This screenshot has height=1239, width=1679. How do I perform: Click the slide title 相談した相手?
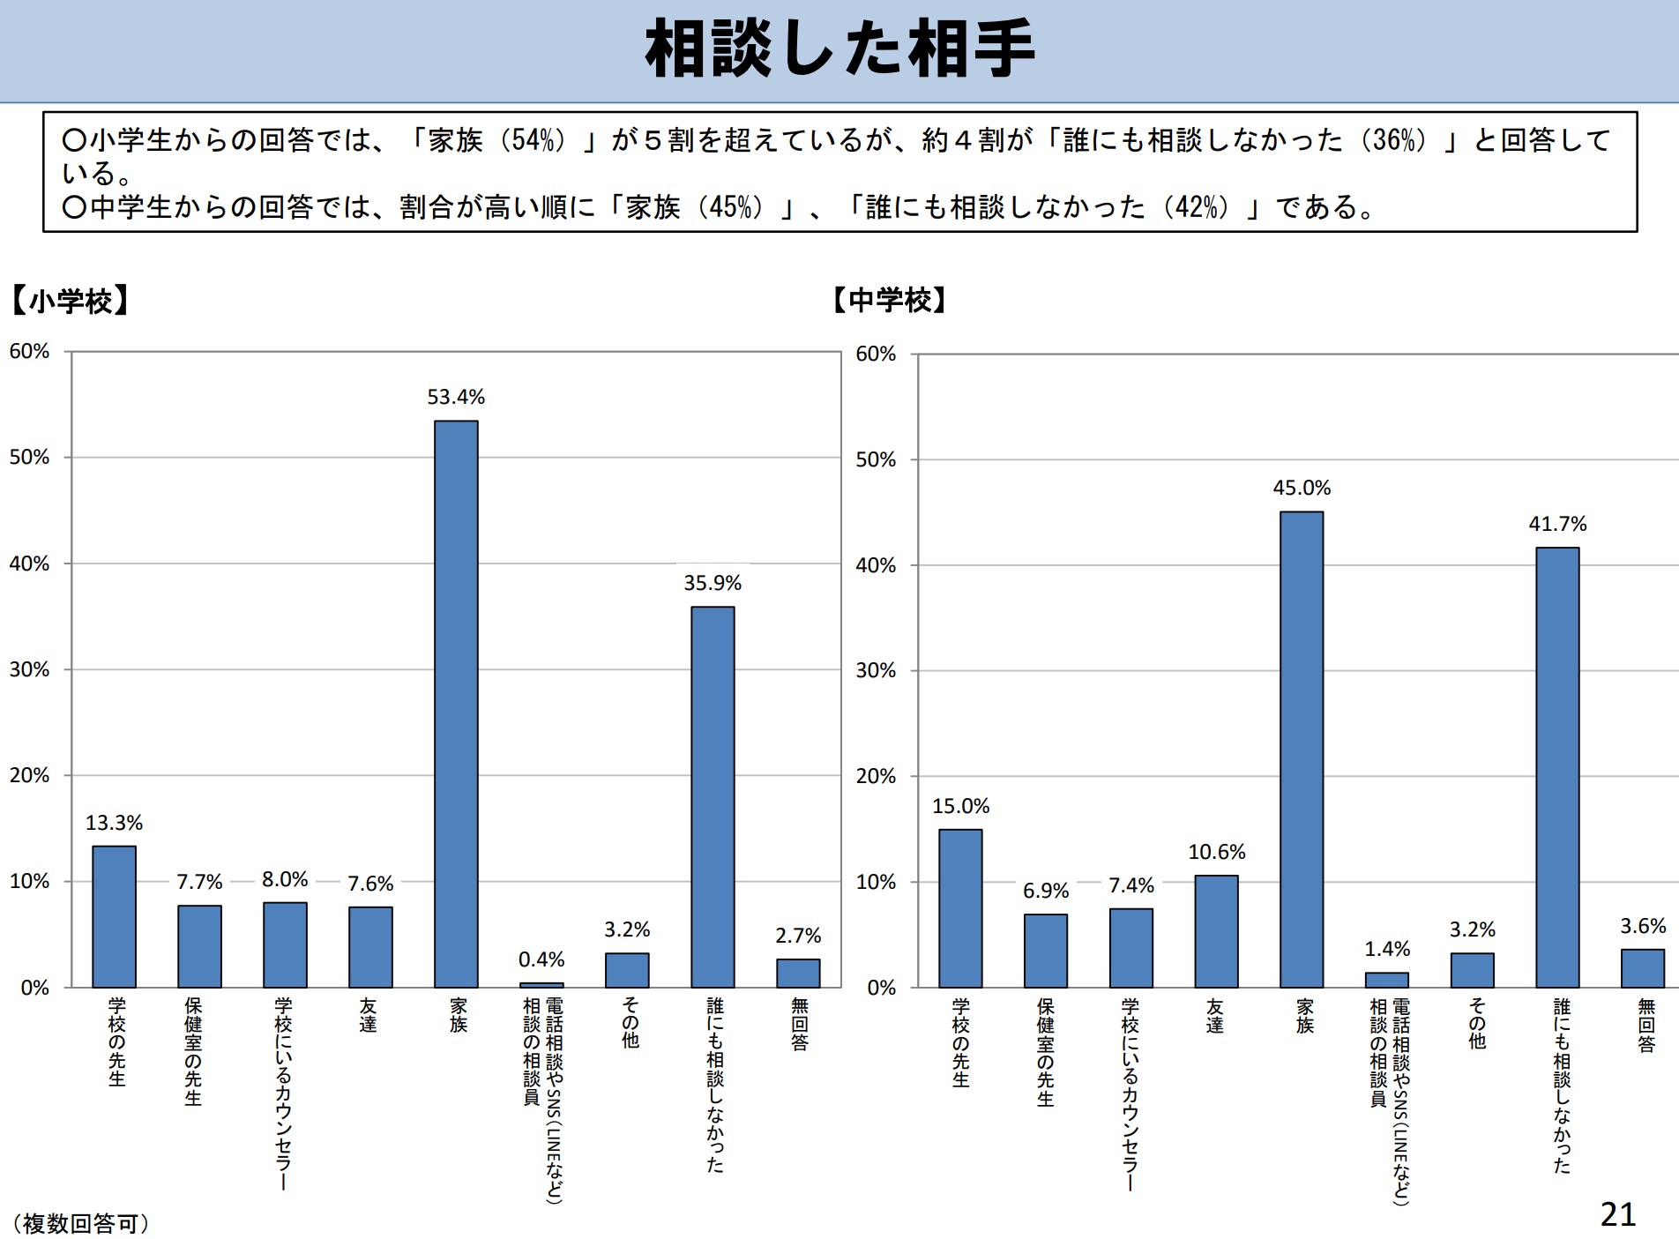pos(839,50)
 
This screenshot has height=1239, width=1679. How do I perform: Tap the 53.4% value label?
pos(456,397)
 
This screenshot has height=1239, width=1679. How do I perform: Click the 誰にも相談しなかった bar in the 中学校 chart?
pos(1557,767)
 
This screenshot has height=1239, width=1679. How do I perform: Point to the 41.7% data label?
pos(1557,524)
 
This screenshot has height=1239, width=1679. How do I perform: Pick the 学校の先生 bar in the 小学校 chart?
pos(115,916)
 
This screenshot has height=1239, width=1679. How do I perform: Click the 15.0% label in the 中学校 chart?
pos(960,806)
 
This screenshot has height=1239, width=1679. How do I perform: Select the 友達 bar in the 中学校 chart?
pos(1216,931)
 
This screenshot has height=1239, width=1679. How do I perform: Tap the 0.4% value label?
pos(541,959)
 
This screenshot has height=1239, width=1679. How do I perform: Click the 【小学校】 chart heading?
pos(71,302)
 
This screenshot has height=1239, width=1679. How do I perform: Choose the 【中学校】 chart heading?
pos(890,300)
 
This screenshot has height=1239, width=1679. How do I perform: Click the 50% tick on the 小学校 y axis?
pos(29,457)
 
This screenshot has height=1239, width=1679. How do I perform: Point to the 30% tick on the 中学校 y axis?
pos(876,670)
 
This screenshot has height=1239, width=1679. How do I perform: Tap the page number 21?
pos(1617,1214)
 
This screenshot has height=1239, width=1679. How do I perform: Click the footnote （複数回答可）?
pos(81,1223)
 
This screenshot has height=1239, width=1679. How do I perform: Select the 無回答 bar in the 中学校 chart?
pos(1643,968)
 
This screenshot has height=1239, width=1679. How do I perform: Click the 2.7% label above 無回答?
pos(798,936)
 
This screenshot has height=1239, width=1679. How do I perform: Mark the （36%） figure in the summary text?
pos(1393,140)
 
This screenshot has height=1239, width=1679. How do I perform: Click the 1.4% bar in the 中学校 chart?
pos(1386,980)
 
